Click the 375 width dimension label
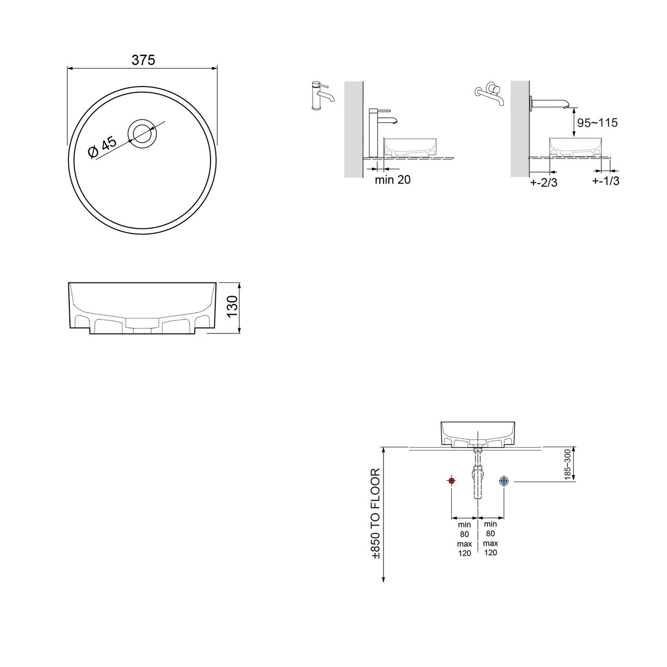143,60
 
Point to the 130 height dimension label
233,306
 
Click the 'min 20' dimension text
392,180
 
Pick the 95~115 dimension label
597,122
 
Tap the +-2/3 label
544,182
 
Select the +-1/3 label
606,181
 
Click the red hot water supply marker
451,481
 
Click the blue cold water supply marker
503,481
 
